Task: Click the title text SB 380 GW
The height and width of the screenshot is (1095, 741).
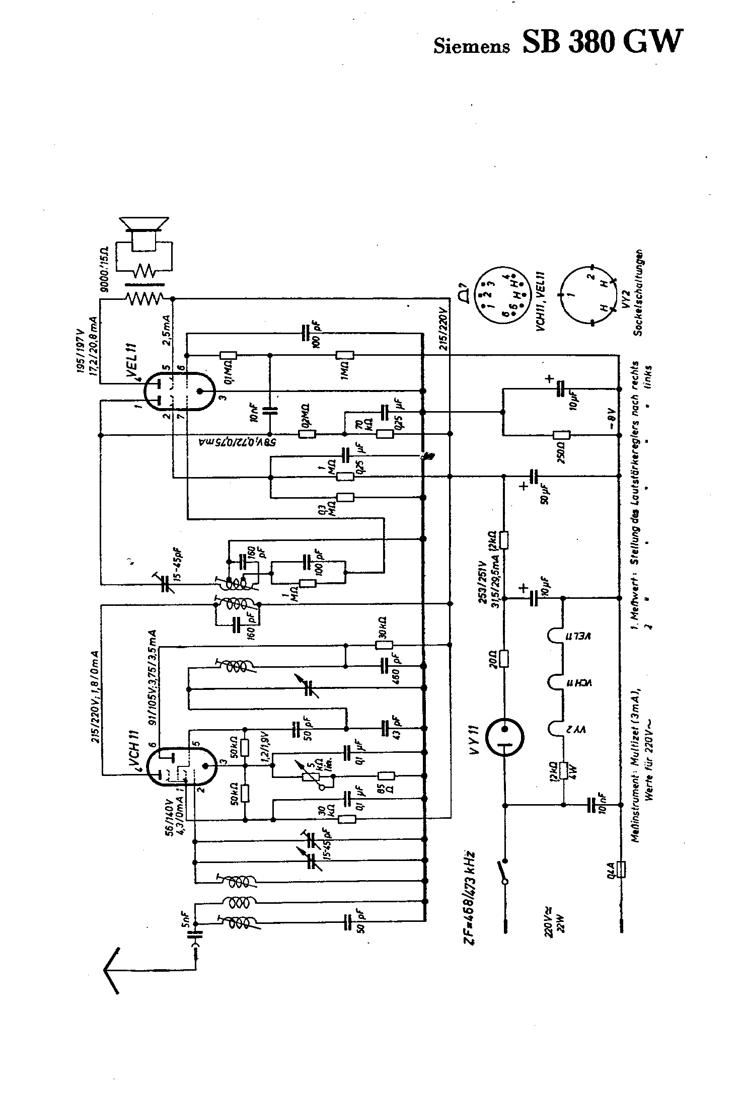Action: coord(603,41)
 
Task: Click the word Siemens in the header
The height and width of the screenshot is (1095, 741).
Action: coord(471,46)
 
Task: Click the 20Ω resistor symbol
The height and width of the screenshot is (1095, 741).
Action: coord(504,658)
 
